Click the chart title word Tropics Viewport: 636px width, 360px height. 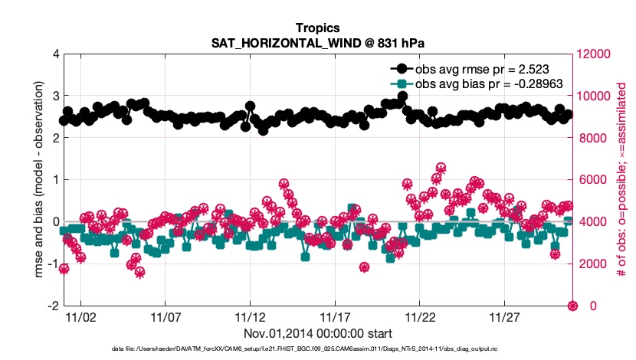(x=318, y=28)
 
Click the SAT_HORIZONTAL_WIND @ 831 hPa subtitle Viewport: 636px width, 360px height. (x=318, y=43)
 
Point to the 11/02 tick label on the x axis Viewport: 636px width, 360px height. (x=80, y=316)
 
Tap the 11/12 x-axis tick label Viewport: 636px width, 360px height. (x=250, y=316)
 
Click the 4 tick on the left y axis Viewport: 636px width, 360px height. (x=54, y=54)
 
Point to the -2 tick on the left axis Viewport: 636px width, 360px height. (x=51, y=306)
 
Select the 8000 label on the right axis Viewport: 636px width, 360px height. (x=591, y=139)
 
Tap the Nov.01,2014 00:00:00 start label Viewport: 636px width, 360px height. (x=318, y=333)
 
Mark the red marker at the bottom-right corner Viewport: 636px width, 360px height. (x=572, y=306)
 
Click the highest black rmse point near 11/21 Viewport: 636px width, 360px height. (x=402, y=97)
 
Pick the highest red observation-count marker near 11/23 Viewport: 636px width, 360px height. (x=441, y=167)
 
